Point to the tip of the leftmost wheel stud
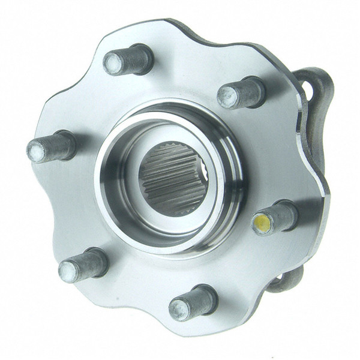click(x=37, y=152)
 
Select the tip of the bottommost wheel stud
click(x=179, y=310)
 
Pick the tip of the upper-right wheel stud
click(x=227, y=97)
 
